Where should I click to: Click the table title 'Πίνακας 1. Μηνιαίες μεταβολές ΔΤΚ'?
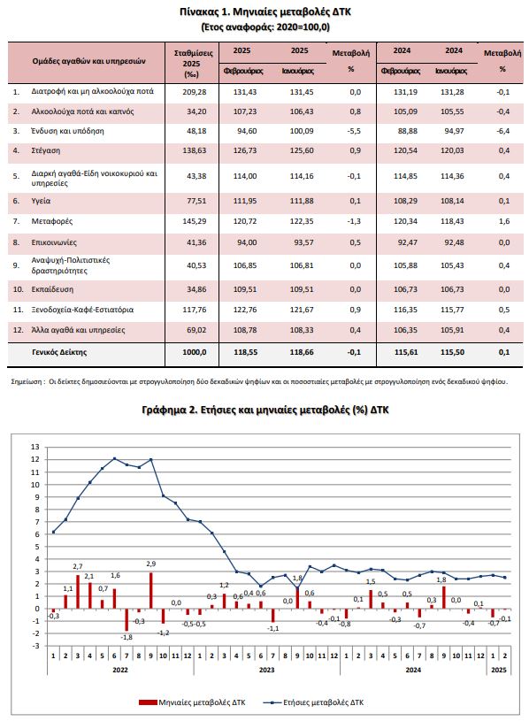coord(265,12)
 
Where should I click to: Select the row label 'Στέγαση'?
coord(45,150)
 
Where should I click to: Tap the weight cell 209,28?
coord(194,92)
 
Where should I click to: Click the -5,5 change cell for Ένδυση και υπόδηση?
coord(355,131)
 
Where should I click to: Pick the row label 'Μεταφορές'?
coord(52,221)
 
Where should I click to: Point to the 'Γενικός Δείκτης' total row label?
coord(59,352)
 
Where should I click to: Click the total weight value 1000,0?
coord(194,352)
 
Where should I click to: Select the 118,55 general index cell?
coord(245,352)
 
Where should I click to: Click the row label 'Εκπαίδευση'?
coord(52,289)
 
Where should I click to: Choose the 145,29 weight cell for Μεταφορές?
coord(194,221)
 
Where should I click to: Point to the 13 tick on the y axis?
coord(35,447)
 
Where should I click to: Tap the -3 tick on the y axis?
coord(36,646)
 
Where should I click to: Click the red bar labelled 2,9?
coord(151,590)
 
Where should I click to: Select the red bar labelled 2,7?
coord(78,592)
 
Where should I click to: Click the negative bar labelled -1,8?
coord(126,620)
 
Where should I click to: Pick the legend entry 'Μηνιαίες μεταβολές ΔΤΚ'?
coord(192,702)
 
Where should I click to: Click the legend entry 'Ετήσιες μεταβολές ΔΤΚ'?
coord(313,702)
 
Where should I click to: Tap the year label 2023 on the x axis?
coord(266,670)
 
